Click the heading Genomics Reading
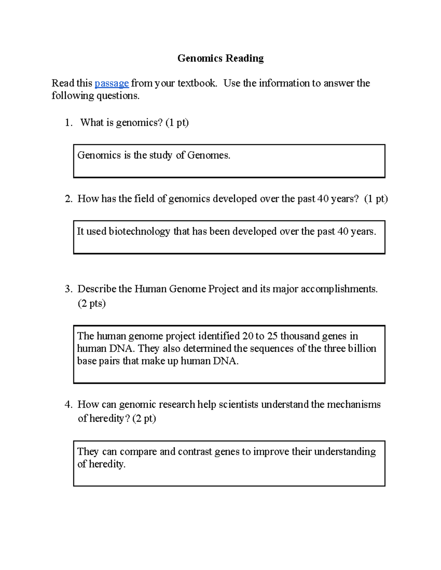pos(220,58)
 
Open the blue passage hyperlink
pos(112,83)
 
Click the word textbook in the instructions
pos(197,83)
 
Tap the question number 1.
pos(68,123)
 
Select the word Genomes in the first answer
pos(208,155)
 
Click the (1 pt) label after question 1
pos(177,123)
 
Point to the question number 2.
pos(68,199)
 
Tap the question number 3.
pos(68,289)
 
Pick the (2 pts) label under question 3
pos(92,304)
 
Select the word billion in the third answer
pos(362,348)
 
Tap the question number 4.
pos(68,404)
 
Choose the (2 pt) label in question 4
pos(144,418)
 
